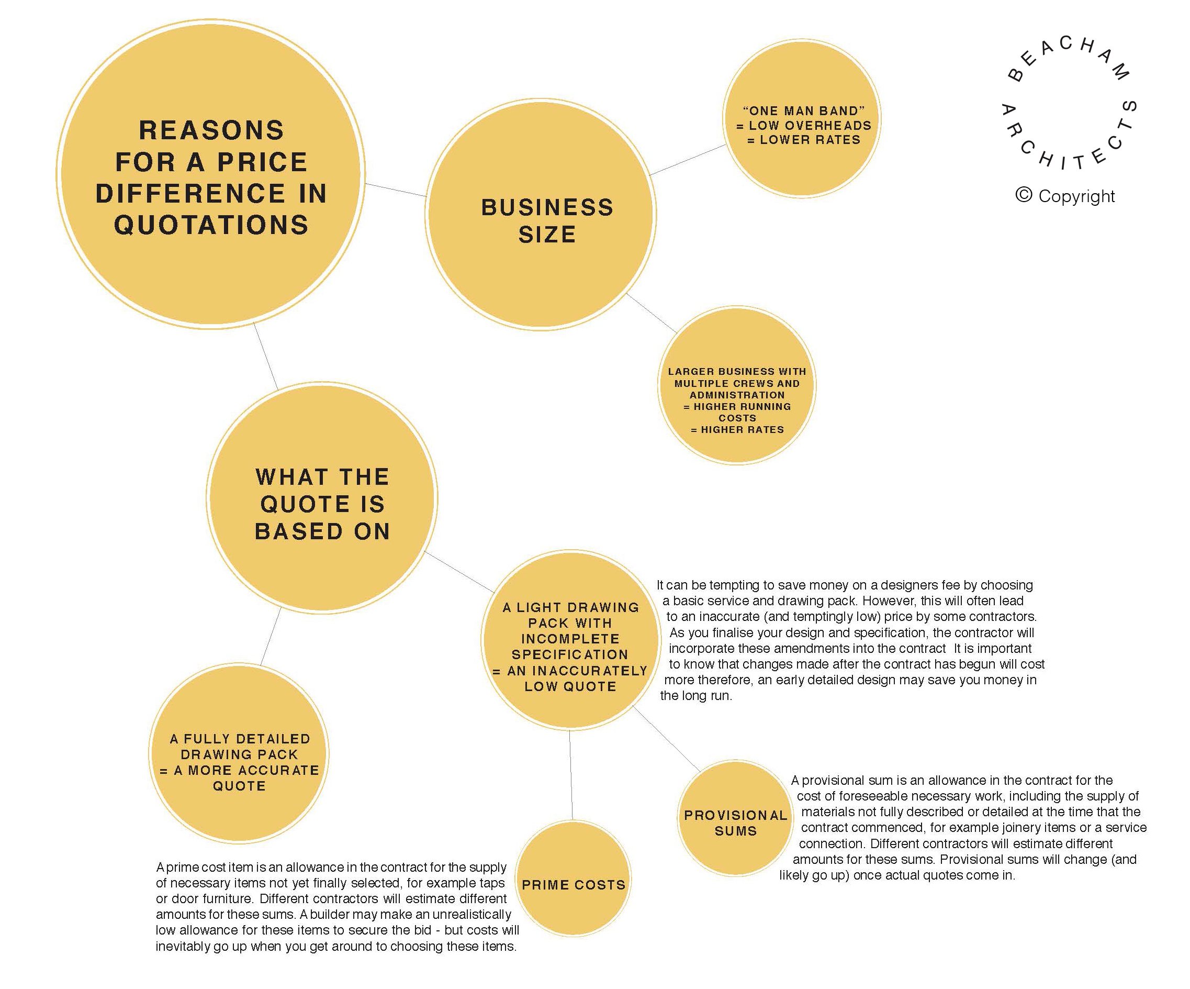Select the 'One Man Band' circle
coord(802,118)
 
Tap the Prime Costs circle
coord(574,878)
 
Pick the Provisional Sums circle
coord(736,818)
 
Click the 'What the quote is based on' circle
coord(322,498)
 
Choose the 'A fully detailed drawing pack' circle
coord(239,753)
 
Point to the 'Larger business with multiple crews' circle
coord(737,386)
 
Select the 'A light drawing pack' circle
coord(570,639)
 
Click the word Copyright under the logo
coord(1076,196)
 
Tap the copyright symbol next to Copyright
coord(1024,195)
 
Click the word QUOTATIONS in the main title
coord(211,225)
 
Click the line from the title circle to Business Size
coord(396,190)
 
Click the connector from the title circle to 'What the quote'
coord(266,356)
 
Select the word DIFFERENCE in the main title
coord(191,193)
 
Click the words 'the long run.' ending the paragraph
coord(696,696)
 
